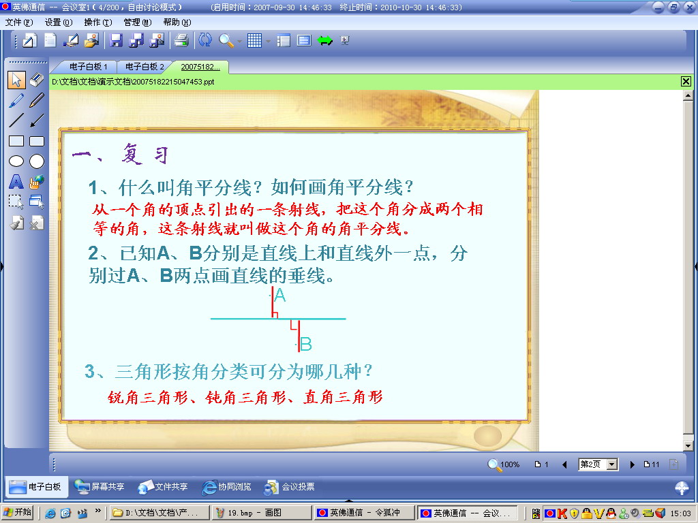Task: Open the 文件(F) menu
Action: coord(19,22)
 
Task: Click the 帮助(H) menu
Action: coord(177,22)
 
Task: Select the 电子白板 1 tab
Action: coord(88,67)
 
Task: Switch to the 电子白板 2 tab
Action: coord(145,67)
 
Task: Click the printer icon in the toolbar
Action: coord(181,40)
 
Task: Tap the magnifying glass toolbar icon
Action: coord(226,40)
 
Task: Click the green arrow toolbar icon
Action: coord(325,41)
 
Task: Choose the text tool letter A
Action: coord(16,181)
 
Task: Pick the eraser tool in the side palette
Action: coord(37,80)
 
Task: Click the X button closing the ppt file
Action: coord(686,82)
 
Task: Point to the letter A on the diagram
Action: coord(280,296)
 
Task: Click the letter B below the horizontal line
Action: coord(306,344)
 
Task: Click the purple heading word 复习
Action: coord(145,155)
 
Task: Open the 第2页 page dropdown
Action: coord(613,464)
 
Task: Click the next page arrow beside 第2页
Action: coord(632,464)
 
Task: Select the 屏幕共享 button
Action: coord(100,487)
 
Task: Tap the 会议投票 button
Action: coord(289,487)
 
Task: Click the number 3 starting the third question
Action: coord(90,371)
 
